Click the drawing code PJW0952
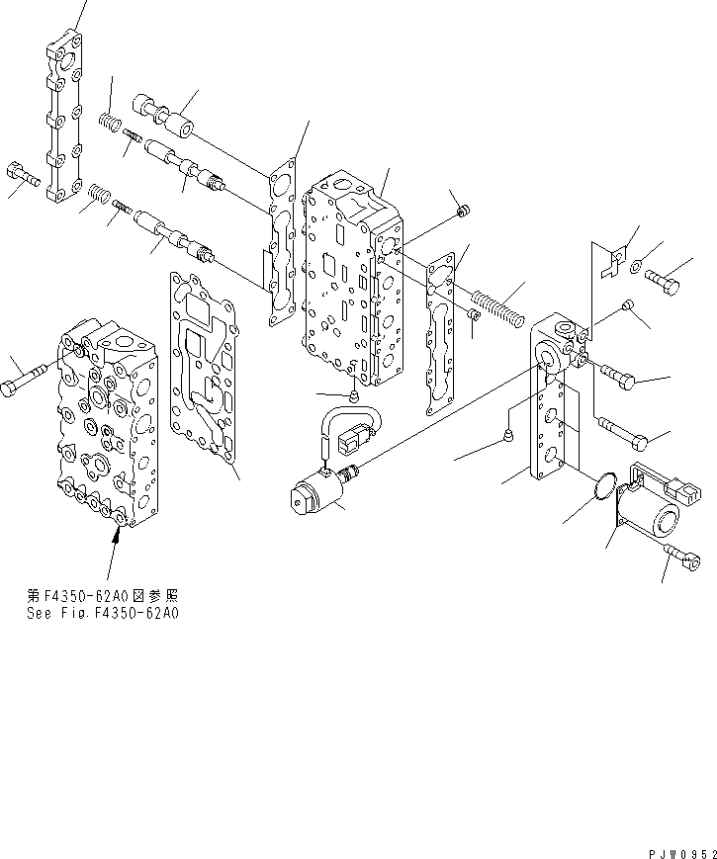pyautogui.click(x=678, y=850)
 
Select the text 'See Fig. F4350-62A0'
pyautogui.click(x=104, y=613)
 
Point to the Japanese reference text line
pyautogui.click(x=104, y=597)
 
